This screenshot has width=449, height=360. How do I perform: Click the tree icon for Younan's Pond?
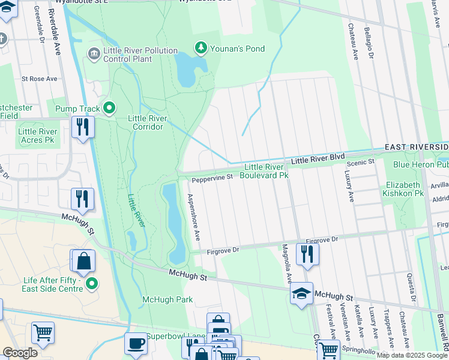pos(202,47)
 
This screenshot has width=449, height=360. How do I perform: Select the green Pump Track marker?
pos(109,108)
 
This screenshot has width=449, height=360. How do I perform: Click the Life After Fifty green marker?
pos(91,283)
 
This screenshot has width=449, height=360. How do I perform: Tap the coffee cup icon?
pos(136,344)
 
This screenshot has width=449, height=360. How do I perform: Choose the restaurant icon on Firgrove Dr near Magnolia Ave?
pos(307,253)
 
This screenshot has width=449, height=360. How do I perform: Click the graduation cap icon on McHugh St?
pos(301,293)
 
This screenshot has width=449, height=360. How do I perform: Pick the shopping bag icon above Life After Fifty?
pos(84,260)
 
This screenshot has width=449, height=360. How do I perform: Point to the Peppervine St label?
pos(212,178)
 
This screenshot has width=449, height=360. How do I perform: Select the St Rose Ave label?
pos(39,79)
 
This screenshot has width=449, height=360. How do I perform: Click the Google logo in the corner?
pos(20,353)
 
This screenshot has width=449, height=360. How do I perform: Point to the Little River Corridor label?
pos(145,122)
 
